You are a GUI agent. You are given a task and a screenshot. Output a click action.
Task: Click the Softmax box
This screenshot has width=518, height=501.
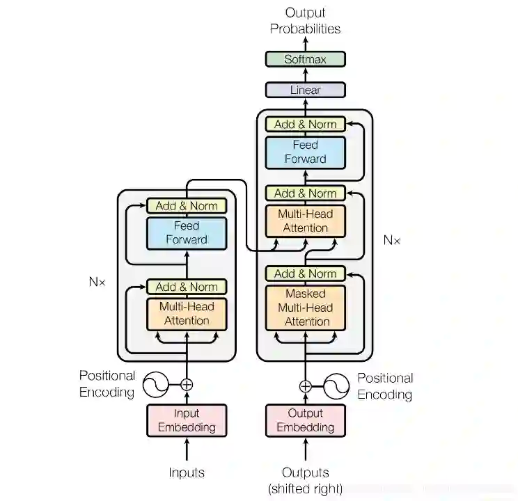(305, 59)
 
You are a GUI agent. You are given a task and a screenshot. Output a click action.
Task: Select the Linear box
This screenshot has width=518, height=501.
(305, 90)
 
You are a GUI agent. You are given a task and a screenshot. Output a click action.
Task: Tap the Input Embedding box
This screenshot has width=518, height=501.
(187, 420)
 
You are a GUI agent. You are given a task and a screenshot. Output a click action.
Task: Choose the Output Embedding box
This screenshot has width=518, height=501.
(306, 420)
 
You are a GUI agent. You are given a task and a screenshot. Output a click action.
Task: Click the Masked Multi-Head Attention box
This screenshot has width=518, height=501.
(306, 308)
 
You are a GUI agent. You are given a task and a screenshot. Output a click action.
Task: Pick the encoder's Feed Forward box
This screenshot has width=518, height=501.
(187, 232)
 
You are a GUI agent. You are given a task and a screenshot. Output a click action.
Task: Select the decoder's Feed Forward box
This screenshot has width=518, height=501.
(305, 152)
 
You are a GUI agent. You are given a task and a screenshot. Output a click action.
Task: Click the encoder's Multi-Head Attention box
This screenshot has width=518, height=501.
(187, 313)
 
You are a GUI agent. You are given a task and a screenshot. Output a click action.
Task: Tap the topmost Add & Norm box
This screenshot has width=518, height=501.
(305, 124)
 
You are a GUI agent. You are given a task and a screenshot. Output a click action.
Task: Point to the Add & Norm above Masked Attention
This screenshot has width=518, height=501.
(305, 273)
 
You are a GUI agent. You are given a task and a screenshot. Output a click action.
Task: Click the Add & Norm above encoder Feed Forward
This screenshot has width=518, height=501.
(187, 205)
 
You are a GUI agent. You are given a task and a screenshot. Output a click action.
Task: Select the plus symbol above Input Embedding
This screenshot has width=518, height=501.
(187, 384)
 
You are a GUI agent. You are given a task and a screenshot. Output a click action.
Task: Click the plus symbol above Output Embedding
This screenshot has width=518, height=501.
(306, 386)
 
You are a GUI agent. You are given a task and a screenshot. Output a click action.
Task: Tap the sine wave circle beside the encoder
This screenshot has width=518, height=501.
(156, 384)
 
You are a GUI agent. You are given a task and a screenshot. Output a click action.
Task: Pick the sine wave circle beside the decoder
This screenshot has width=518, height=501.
(336, 386)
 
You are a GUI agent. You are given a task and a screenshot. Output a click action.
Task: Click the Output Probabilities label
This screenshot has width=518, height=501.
(305, 21)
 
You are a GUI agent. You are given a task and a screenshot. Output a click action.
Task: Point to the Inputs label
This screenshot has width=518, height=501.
(187, 472)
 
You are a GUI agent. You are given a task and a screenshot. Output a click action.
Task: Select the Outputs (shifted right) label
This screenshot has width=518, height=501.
(306, 480)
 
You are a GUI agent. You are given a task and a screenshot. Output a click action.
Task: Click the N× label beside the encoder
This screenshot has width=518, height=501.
(97, 282)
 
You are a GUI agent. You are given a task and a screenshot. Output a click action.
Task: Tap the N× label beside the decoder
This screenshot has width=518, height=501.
(392, 240)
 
